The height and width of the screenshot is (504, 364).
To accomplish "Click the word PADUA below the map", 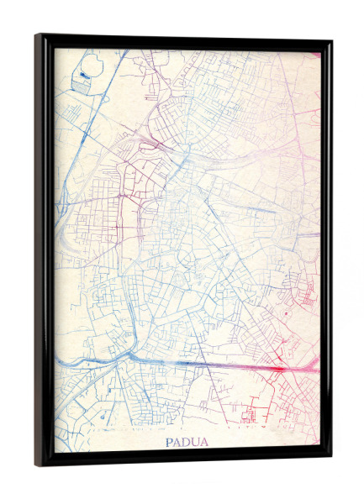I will pos(183,441).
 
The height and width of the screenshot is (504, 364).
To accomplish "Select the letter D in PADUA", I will pos(183,441).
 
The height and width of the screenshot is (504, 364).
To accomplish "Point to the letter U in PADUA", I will pos(191,441).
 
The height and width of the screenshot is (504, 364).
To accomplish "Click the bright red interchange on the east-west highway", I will pos(282,367).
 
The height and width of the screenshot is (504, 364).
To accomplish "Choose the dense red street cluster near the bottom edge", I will pos(252,416).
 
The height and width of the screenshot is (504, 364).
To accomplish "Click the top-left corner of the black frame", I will pos(38,36).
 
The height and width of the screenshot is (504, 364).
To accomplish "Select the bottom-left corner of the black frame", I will pos(38,464).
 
